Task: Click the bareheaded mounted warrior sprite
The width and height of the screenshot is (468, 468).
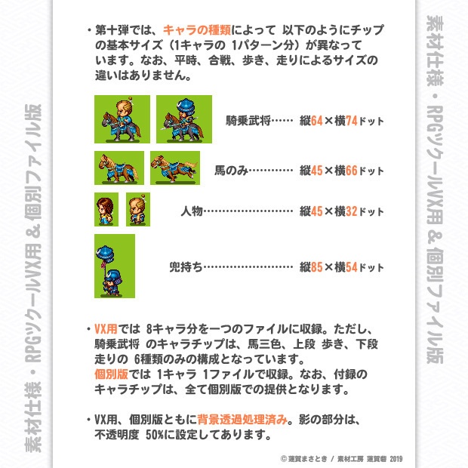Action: (x=122, y=119)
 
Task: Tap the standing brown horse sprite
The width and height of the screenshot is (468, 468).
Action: (x=119, y=168)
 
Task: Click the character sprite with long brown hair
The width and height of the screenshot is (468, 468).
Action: (x=106, y=209)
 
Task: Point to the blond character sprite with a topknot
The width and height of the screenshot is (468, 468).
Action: (x=137, y=209)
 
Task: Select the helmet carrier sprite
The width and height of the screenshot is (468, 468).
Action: (x=114, y=265)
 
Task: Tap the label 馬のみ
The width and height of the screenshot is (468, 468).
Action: (x=230, y=169)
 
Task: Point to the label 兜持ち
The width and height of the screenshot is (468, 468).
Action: (x=185, y=266)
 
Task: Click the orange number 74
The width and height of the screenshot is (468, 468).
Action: (x=352, y=121)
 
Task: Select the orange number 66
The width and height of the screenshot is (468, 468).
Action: (x=352, y=169)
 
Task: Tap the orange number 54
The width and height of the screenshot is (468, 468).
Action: (x=352, y=266)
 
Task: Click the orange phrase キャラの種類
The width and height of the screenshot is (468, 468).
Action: (x=195, y=32)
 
